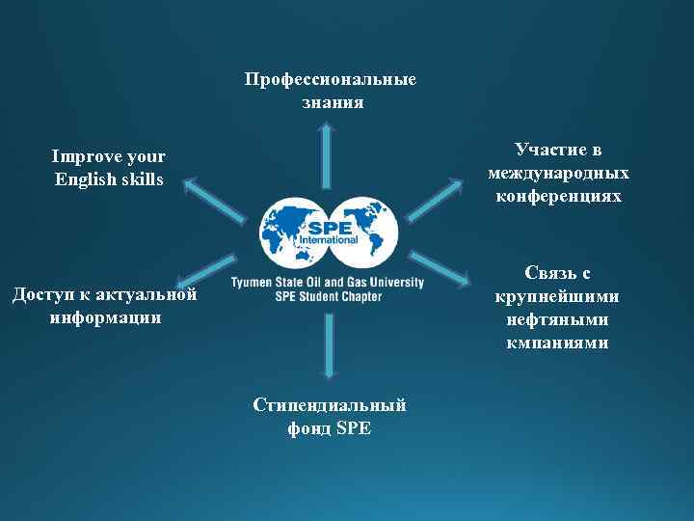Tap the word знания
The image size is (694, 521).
click(x=333, y=101)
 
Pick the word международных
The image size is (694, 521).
click(x=558, y=173)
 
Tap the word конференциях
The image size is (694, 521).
click(x=558, y=196)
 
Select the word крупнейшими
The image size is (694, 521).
click(x=558, y=296)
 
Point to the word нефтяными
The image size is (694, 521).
click(x=558, y=319)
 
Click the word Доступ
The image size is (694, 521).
click(x=42, y=294)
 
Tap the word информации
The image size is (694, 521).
click(x=105, y=317)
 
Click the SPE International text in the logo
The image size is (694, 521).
click(x=328, y=232)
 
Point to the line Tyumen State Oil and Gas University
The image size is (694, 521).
click(x=328, y=283)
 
